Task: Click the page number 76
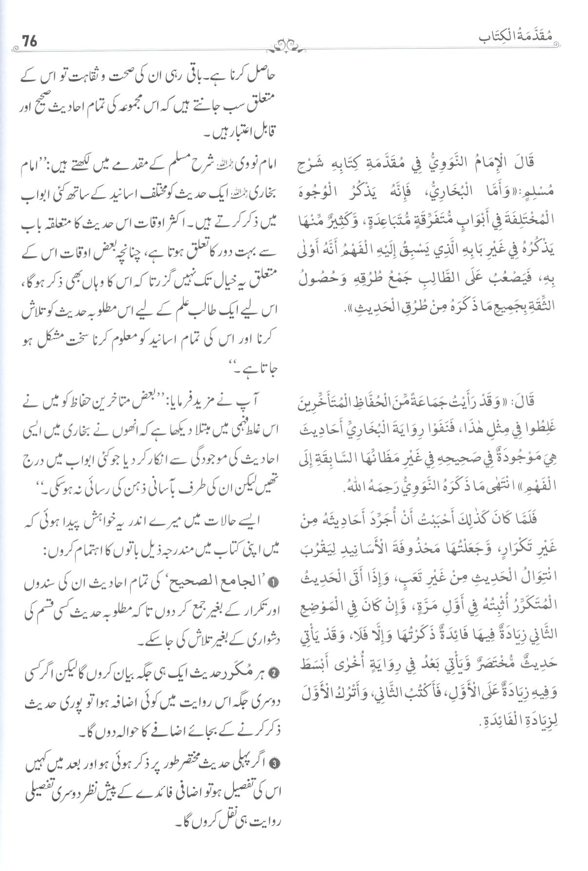(x=30, y=41)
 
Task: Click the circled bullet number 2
(x=274, y=673)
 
